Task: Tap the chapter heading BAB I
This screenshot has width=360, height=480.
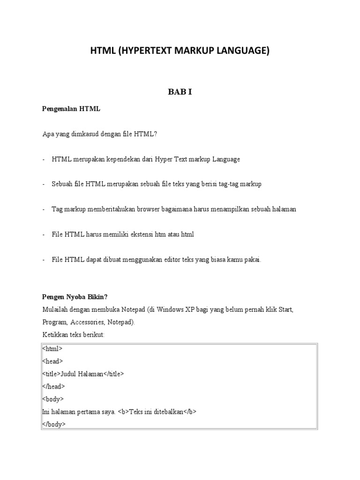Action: point(180,92)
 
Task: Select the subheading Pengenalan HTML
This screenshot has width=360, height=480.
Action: point(71,109)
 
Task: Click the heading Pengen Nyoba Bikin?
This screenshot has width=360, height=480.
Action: point(75,297)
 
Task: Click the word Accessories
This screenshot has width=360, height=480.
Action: point(88,322)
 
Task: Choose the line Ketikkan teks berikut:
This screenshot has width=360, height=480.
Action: point(74,335)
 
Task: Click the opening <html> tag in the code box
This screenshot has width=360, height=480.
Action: point(52,349)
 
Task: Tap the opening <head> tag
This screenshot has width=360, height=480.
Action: point(52,361)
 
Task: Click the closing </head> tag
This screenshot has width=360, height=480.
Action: point(53,387)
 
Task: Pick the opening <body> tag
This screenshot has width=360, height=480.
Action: point(52,399)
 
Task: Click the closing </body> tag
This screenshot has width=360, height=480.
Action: point(54,425)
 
